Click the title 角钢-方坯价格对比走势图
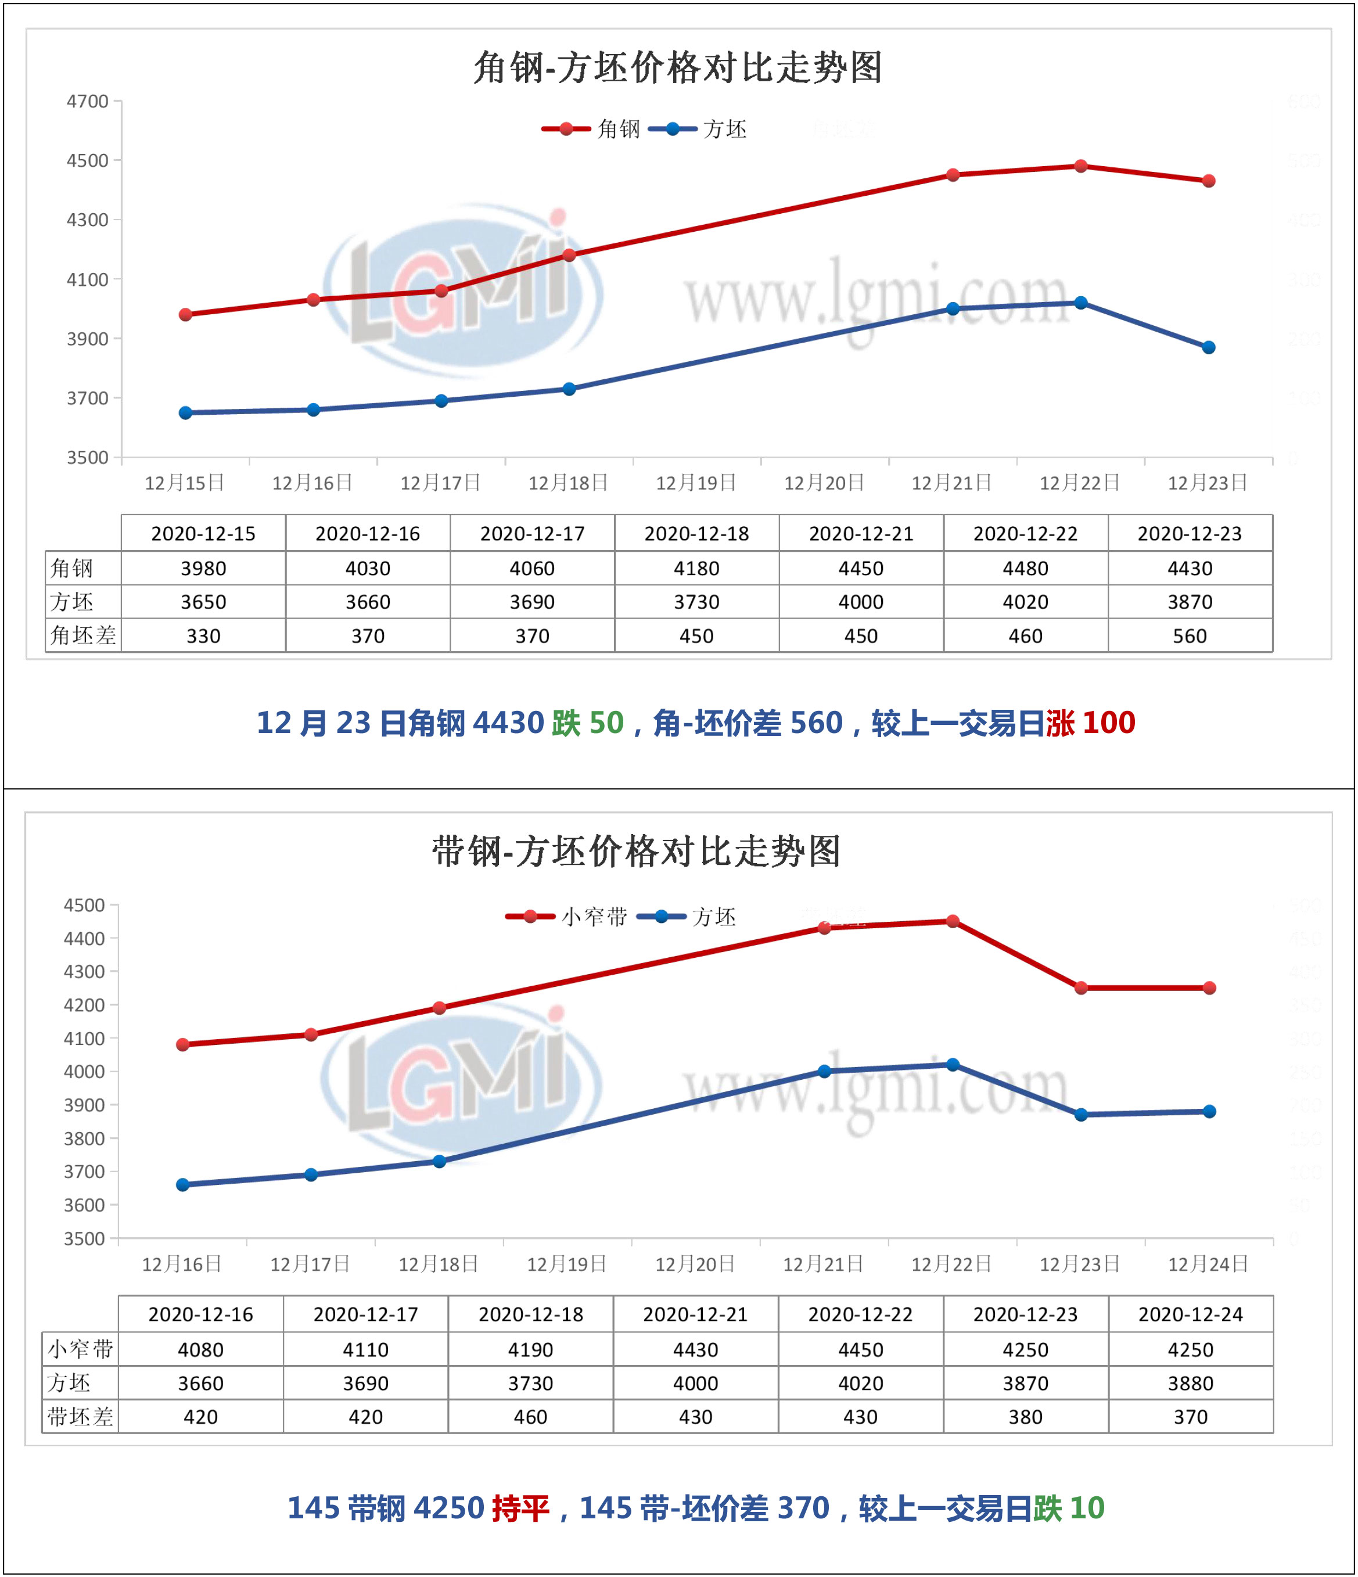click(x=677, y=68)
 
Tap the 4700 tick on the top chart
click(x=88, y=101)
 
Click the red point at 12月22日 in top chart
click(x=1080, y=166)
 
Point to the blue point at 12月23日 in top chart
click(x=1209, y=347)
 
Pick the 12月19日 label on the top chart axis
click(x=696, y=483)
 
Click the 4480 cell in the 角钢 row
click(x=1025, y=569)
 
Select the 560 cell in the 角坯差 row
click(x=1190, y=636)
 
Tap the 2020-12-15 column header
click(x=203, y=534)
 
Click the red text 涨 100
click(x=1090, y=723)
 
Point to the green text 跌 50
click(x=588, y=723)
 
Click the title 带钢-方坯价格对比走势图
click(x=637, y=851)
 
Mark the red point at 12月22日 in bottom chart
click(x=952, y=921)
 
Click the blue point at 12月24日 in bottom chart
click(x=1209, y=1111)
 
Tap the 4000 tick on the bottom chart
click(x=84, y=1072)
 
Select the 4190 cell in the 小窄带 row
click(x=530, y=1349)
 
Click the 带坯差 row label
click(x=80, y=1417)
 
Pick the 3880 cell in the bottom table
click(x=1191, y=1383)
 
